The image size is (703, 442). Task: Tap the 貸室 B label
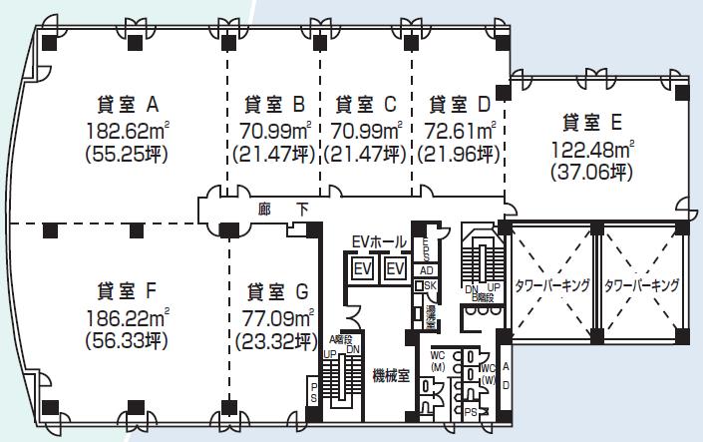click(x=273, y=104)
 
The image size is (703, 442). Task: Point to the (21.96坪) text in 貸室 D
click(x=459, y=155)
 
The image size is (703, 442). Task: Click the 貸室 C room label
click(x=366, y=104)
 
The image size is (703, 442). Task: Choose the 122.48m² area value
click(x=592, y=149)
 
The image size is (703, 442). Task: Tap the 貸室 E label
click(x=592, y=123)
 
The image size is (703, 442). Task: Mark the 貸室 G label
click(x=273, y=291)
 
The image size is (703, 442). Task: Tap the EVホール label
click(x=379, y=242)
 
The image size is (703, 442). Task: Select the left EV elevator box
click(x=360, y=269)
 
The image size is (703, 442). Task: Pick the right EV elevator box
click(x=395, y=269)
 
